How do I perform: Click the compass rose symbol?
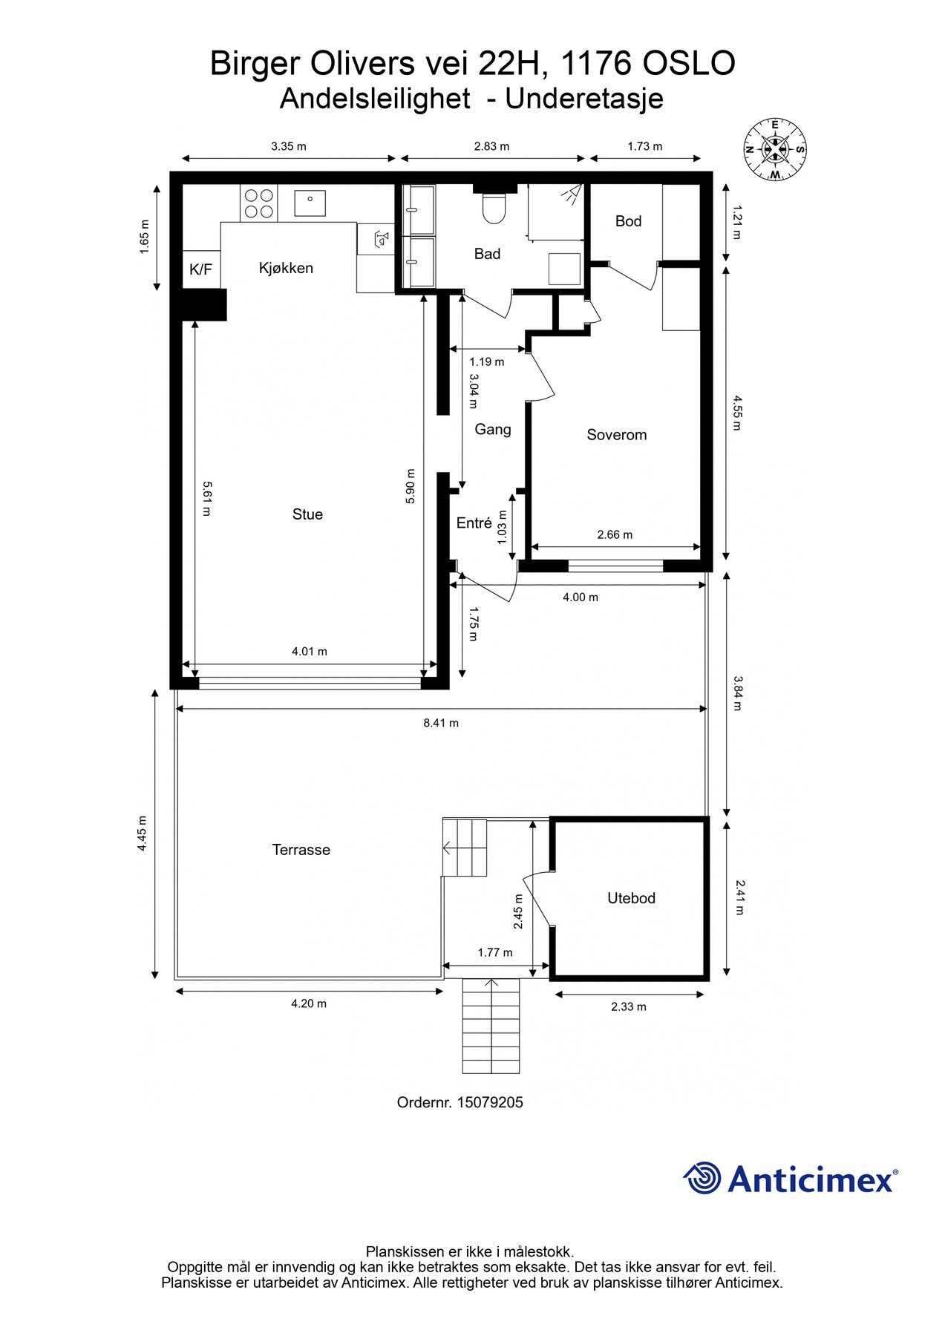tap(776, 149)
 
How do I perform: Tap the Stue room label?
tap(307, 514)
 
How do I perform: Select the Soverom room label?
tap(617, 435)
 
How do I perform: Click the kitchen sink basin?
tap(310, 203)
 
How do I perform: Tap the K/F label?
tap(200, 269)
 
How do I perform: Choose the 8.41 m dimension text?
tap(441, 723)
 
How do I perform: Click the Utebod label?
tap(631, 898)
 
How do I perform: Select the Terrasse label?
tap(301, 850)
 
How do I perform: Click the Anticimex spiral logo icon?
tap(702, 1178)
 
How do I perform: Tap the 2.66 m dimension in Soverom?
tap(615, 534)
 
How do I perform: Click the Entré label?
tap(474, 523)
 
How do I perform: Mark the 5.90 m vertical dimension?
tap(410, 486)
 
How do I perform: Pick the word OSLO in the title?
tap(688, 64)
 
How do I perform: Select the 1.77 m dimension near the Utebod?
tap(495, 952)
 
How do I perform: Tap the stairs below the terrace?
tap(491, 1026)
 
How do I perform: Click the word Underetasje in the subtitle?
tap(584, 99)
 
